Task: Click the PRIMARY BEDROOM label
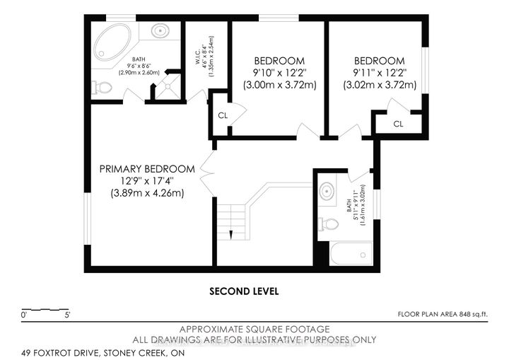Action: [x=147, y=169]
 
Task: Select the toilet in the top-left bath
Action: [x=103, y=88]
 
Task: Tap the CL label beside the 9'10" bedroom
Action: [x=221, y=115]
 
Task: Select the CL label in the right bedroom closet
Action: [x=398, y=124]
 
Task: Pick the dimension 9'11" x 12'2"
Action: [x=380, y=72]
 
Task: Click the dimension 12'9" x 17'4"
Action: [x=146, y=182]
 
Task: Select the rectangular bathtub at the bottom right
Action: [x=351, y=253]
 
